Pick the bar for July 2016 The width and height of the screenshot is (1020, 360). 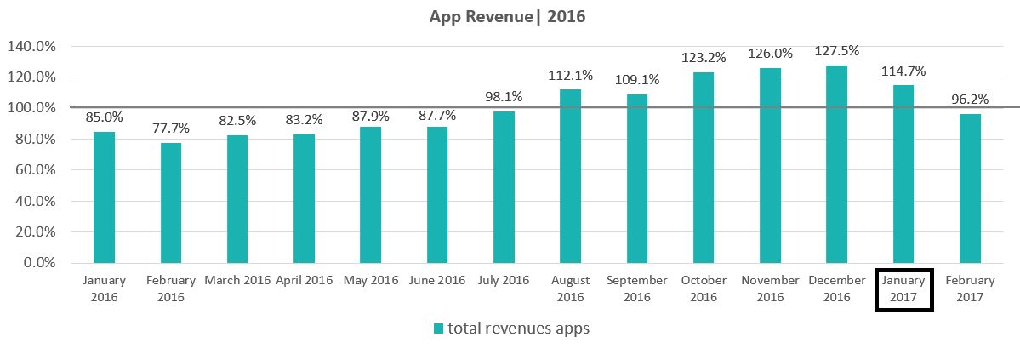click(504, 187)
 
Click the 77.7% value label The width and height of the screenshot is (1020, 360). click(171, 129)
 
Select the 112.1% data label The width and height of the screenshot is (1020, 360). click(570, 75)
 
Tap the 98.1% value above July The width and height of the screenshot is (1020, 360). click(504, 97)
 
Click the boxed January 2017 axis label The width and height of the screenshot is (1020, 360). click(903, 289)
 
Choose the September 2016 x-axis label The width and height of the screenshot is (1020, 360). click(636, 289)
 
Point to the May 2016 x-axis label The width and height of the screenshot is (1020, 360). click(370, 280)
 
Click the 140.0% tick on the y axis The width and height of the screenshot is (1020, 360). click(31, 47)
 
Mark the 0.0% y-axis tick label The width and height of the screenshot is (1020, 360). click(37, 263)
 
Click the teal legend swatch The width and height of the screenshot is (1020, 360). click(438, 329)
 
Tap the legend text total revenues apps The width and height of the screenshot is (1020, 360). click(518, 329)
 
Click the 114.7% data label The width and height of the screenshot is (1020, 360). click(903, 71)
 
